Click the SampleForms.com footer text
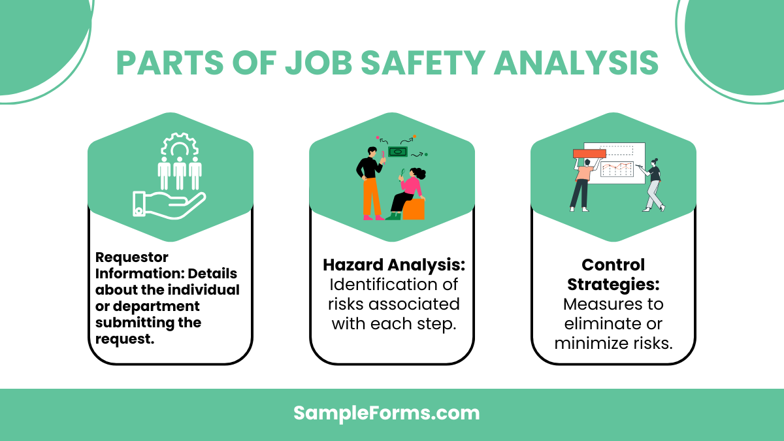(x=386, y=413)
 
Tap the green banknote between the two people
(x=397, y=152)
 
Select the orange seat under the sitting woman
(x=414, y=208)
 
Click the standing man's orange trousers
(x=372, y=196)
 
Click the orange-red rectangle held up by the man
(x=589, y=154)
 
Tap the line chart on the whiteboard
(x=617, y=169)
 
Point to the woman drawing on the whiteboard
(x=654, y=184)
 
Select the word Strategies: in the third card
(x=604, y=284)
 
